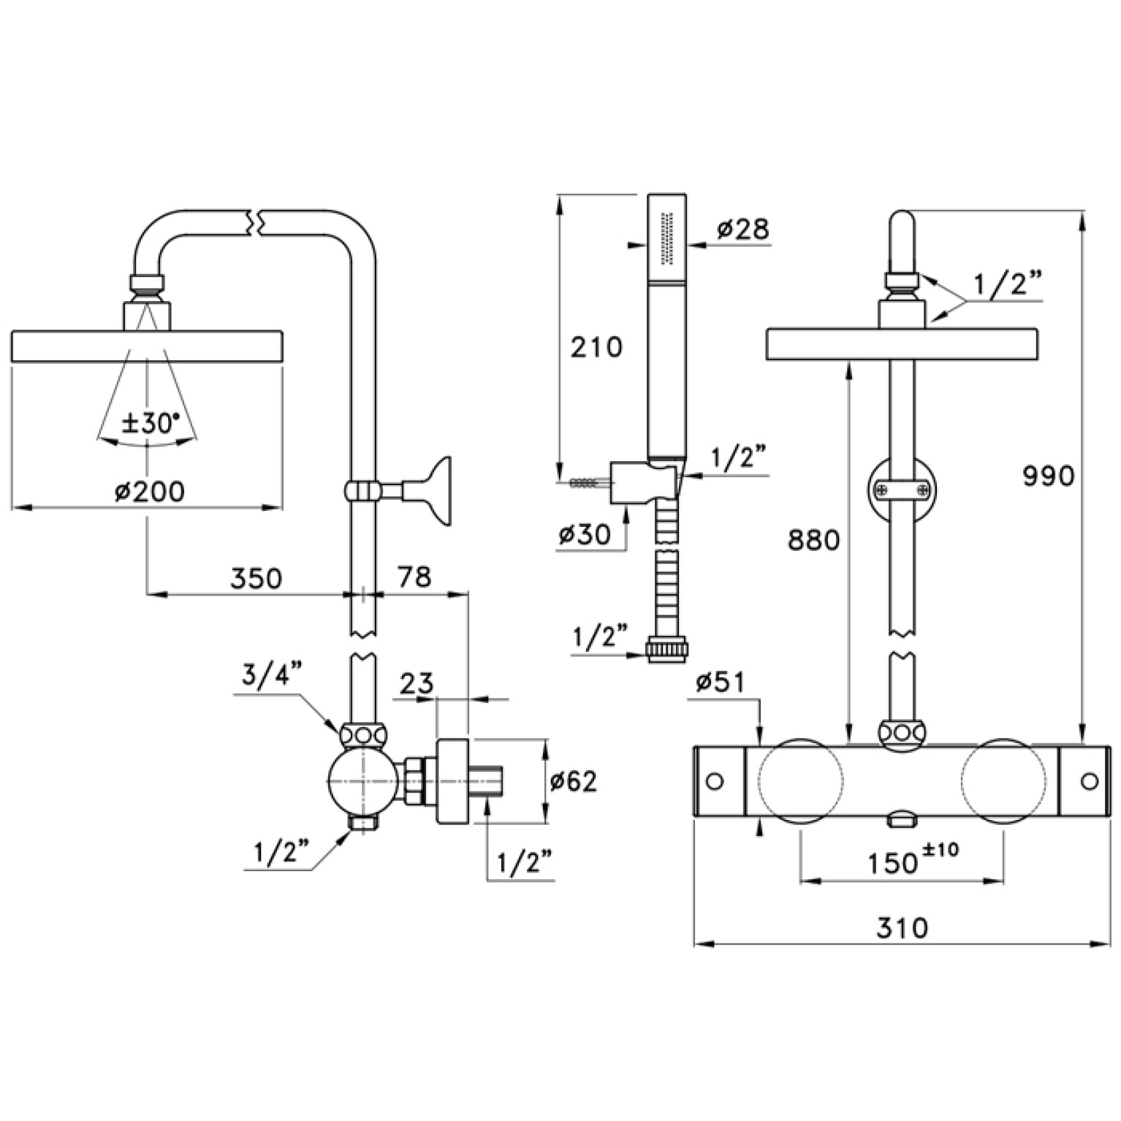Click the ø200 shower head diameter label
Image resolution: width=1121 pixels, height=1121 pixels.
[149, 492]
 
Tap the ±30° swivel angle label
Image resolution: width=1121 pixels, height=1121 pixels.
[150, 424]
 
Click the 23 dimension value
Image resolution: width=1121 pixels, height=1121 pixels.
[417, 684]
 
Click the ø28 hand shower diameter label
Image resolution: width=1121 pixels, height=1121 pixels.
[742, 229]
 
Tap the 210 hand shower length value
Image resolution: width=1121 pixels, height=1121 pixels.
[596, 346]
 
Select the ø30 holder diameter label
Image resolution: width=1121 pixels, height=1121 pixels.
[584, 535]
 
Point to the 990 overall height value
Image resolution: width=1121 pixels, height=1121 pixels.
[1048, 476]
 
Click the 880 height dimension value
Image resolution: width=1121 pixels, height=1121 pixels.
[814, 540]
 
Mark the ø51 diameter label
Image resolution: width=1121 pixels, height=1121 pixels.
[720, 683]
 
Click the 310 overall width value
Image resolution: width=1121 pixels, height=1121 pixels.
[902, 927]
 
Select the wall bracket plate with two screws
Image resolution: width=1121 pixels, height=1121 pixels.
[902, 487]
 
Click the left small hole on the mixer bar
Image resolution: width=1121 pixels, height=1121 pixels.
[715, 781]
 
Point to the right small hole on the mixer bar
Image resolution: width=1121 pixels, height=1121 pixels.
[1089, 781]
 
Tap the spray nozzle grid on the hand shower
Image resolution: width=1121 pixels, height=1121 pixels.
[666, 238]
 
